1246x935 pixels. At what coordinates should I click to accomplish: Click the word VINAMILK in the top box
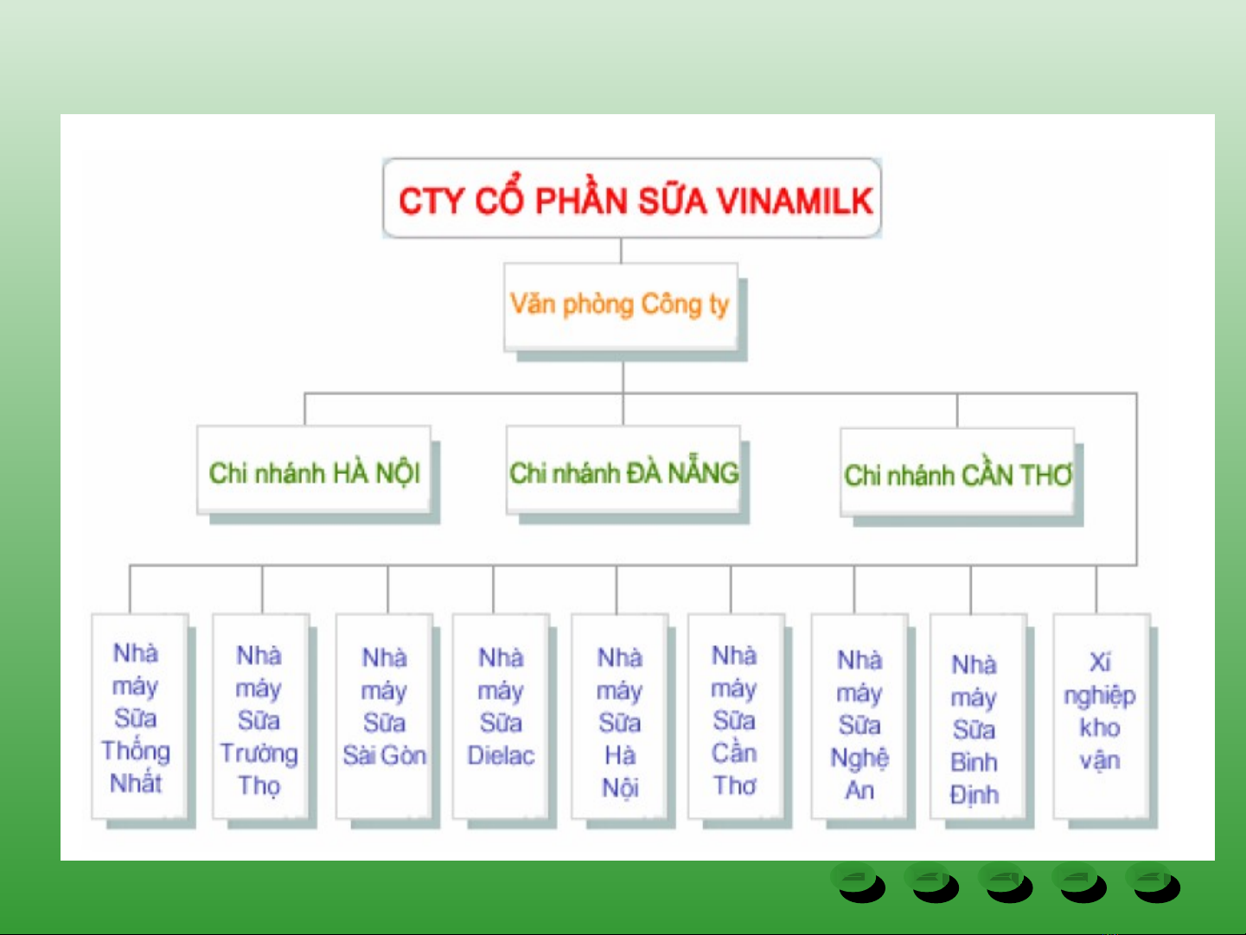click(x=795, y=201)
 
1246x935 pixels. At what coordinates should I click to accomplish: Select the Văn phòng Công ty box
click(x=621, y=306)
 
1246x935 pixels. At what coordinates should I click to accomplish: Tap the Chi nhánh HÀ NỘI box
click(x=313, y=470)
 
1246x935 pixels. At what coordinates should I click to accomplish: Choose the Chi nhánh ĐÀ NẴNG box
click(x=623, y=470)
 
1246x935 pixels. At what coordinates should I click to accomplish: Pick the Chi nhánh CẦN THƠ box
click(x=957, y=472)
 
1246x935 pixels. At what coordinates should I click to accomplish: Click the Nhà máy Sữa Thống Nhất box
click(x=139, y=716)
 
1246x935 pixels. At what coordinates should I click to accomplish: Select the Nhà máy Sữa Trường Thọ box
click(x=260, y=716)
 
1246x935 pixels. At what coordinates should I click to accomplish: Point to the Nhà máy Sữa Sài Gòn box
click(x=384, y=716)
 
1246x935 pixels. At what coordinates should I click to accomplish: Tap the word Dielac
click(x=501, y=756)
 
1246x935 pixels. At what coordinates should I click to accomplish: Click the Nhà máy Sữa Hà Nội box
click(x=620, y=716)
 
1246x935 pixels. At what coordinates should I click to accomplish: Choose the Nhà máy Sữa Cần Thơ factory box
click(x=736, y=716)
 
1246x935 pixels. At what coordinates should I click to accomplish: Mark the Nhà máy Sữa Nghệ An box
click(x=859, y=716)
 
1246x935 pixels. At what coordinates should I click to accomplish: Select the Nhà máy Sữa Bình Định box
click(x=979, y=716)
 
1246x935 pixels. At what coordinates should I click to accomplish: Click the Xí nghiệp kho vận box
click(x=1102, y=716)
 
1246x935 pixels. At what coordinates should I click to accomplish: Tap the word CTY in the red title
click(x=431, y=201)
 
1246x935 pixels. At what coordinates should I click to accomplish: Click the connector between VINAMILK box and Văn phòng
click(x=621, y=250)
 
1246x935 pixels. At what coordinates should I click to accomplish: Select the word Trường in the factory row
click(x=259, y=754)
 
